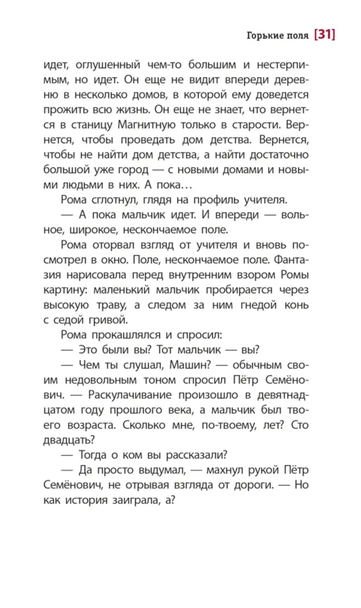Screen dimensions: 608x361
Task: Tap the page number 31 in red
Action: tap(325, 34)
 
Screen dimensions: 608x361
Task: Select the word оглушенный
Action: tap(108, 65)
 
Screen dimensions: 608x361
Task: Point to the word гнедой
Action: tap(258, 305)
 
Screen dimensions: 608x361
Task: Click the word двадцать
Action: tap(69, 440)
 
